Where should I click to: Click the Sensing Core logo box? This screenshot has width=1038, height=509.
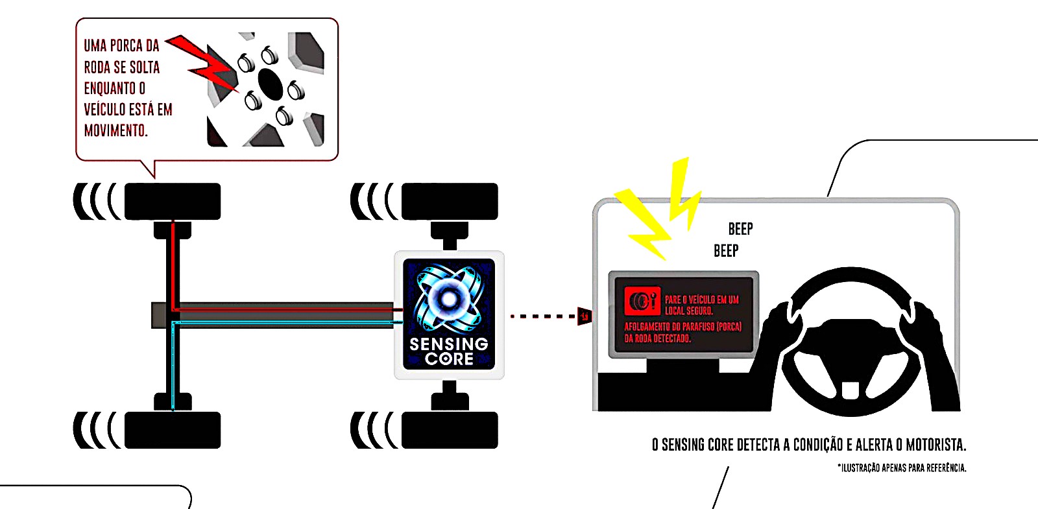pyautogui.click(x=449, y=314)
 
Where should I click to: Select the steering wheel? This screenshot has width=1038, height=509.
pyautogui.click(x=851, y=341)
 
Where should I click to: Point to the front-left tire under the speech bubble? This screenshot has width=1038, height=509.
pyautogui.click(x=173, y=201)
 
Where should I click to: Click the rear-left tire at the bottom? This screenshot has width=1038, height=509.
pyautogui.click(x=173, y=430)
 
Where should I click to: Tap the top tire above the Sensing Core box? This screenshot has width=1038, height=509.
pyautogui.click(x=450, y=201)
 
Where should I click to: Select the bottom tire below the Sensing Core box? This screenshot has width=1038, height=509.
pyautogui.click(x=450, y=430)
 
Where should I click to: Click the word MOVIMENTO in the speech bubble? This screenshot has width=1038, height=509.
pyautogui.click(x=116, y=130)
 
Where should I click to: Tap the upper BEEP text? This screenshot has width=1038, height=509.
pyautogui.click(x=740, y=229)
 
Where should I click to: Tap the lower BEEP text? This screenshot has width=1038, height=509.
pyautogui.click(x=726, y=251)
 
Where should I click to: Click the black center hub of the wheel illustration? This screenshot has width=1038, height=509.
pyautogui.click(x=270, y=82)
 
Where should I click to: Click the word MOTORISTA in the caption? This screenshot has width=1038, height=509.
pyautogui.click(x=935, y=445)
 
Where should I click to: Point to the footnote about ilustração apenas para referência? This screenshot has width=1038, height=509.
pyautogui.click(x=902, y=468)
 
